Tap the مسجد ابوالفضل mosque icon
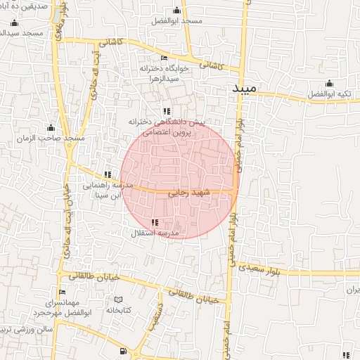pyautogui.click(x=176, y=10)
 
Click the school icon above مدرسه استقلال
pyautogui.click(x=155, y=222)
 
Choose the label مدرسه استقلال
pyautogui.click(x=155, y=233)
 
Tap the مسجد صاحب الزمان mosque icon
pyautogui.click(x=51, y=128)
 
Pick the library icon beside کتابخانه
pyautogui.click(x=118, y=300)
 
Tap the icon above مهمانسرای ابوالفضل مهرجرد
pyautogui.click(x=62, y=292)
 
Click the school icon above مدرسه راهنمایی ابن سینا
pyautogui.click(x=108, y=174)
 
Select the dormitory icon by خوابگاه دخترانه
pyautogui.click(x=165, y=58)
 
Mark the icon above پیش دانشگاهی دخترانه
pyautogui.click(x=167, y=111)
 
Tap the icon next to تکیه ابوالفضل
pyautogui.click(x=330, y=83)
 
